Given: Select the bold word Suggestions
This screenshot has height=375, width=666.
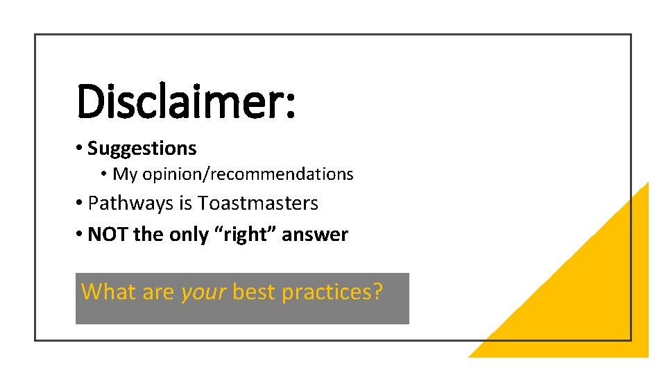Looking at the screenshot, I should click(142, 149).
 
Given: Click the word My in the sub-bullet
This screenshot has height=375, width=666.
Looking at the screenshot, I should click(125, 174).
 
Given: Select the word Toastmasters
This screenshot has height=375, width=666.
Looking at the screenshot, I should click(258, 203).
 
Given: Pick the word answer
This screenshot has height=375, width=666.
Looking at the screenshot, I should click(315, 235).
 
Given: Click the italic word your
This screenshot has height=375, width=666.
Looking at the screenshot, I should click(203, 292).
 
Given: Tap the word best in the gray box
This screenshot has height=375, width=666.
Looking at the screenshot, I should click(255, 292).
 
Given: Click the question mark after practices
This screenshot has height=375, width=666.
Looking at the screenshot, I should click(377, 292).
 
